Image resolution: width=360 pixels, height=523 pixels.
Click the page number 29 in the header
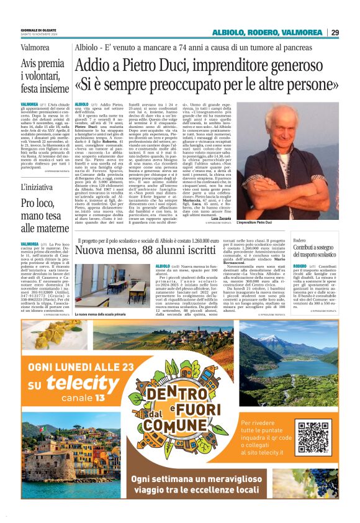click(335, 32)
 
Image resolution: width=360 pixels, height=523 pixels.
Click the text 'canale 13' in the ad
click(84, 398)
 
